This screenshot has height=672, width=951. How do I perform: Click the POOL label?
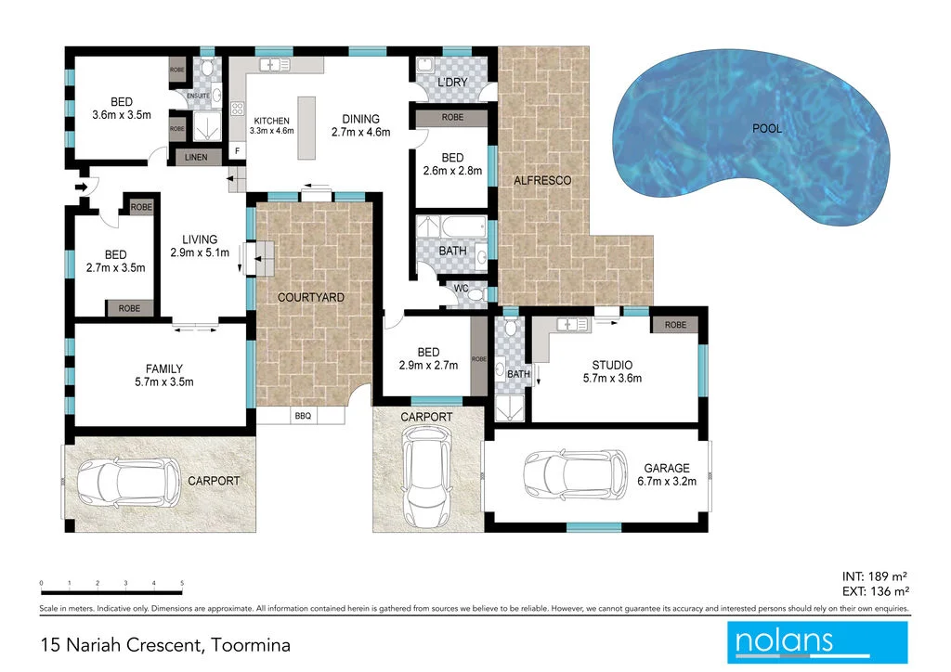pos(766,128)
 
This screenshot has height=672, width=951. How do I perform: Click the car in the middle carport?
pos(426,480)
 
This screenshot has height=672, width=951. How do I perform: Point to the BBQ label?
pos(303,417)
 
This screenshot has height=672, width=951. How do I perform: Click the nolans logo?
pos(816,642)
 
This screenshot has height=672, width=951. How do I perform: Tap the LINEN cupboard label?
pos(196,158)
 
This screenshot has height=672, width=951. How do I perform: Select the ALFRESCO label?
pos(541,180)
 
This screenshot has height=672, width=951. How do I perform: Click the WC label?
pos(461,289)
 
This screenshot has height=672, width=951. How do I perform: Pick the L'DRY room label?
pos(451,84)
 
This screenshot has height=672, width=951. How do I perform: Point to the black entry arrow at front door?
pos(82,188)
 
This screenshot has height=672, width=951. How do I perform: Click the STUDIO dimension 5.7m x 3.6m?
pos(612,378)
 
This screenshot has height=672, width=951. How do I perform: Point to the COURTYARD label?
pos(311,298)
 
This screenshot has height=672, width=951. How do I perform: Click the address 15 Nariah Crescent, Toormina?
pos(165,643)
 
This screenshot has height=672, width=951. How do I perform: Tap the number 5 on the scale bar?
pos(182,583)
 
